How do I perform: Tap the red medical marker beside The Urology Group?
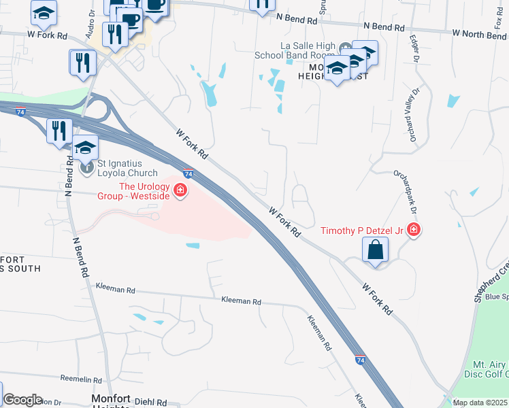[180, 190]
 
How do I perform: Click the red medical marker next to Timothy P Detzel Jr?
[413, 231]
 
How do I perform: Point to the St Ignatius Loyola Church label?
[127, 168]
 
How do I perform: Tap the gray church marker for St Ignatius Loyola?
[86, 167]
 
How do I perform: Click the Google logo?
[22, 400]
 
